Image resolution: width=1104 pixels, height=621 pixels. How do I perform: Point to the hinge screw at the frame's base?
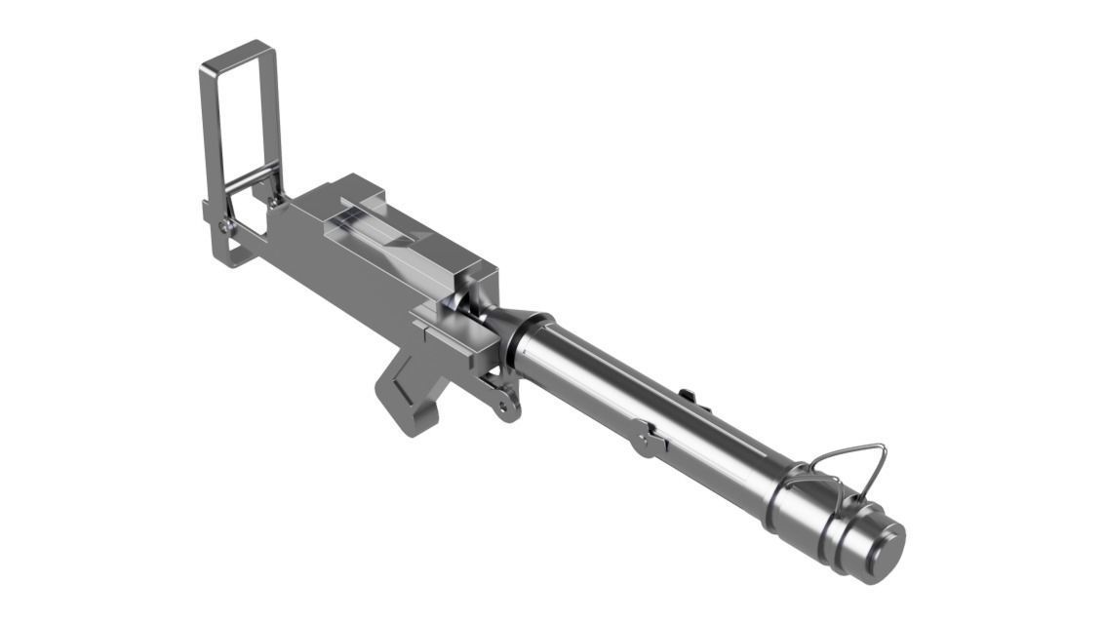[226, 226]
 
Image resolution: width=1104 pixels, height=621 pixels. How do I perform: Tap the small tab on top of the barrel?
[687, 395]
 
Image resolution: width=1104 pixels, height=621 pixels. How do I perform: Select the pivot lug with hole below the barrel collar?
[505, 403]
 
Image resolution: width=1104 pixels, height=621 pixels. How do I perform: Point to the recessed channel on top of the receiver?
[380, 234]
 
